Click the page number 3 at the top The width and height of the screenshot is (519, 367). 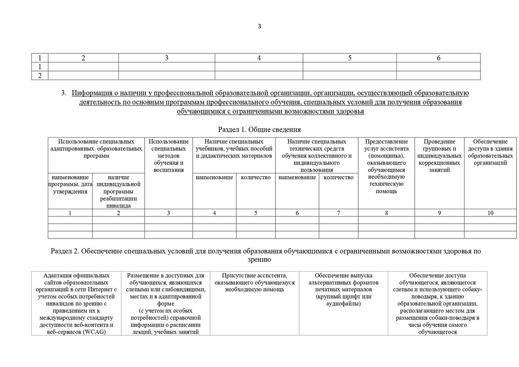click(259, 26)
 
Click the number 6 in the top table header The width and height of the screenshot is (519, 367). click(438, 58)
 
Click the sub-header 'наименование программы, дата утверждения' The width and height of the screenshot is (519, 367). click(70, 184)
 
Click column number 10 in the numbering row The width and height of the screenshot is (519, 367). click(491, 213)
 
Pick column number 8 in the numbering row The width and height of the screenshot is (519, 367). click(386, 213)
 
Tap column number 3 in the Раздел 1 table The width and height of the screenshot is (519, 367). click(169, 213)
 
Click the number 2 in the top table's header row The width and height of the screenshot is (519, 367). click(83, 58)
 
